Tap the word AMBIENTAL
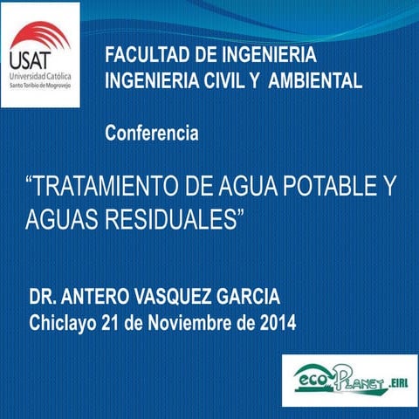315,81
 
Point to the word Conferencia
151,134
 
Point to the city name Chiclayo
63,323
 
